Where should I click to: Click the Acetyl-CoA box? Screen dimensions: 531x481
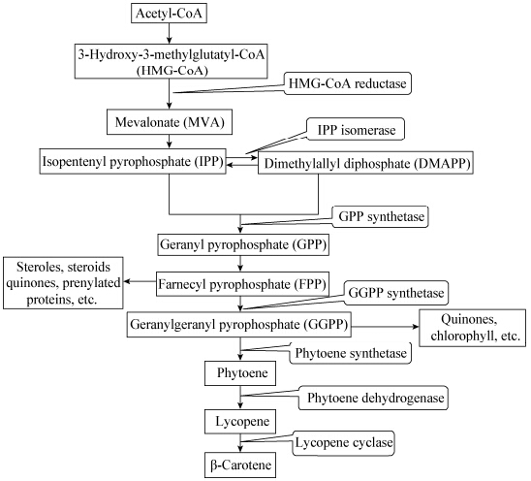click(x=169, y=14)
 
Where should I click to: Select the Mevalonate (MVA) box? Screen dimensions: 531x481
click(x=170, y=121)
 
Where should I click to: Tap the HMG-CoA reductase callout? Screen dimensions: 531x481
click(x=348, y=83)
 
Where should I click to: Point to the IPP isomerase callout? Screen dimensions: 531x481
click(x=356, y=129)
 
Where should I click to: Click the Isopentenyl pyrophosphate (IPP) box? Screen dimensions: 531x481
click(x=133, y=161)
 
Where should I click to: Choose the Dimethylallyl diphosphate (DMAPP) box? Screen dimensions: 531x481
click(x=365, y=163)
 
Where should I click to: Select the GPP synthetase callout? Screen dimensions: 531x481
click(x=381, y=216)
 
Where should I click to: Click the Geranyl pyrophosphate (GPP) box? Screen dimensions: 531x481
click(x=243, y=244)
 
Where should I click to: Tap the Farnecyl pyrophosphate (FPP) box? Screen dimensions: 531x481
click(x=242, y=284)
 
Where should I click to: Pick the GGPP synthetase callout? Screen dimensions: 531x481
click(x=396, y=293)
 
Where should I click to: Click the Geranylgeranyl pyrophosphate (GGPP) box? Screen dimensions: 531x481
click(x=238, y=325)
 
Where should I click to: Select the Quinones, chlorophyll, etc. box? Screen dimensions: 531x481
click(x=473, y=328)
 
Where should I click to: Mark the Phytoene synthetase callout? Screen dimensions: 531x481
click(x=351, y=353)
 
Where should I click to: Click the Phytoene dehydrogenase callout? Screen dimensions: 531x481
click(x=373, y=398)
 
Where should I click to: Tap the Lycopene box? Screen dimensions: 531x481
click(x=240, y=421)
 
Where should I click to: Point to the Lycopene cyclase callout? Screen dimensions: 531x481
click(x=343, y=442)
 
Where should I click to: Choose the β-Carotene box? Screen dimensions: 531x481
click(x=240, y=465)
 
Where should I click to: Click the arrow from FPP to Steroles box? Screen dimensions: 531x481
click(x=140, y=281)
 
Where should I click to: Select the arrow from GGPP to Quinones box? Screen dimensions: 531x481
click(x=385, y=327)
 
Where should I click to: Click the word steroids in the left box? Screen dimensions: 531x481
click(x=89, y=267)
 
